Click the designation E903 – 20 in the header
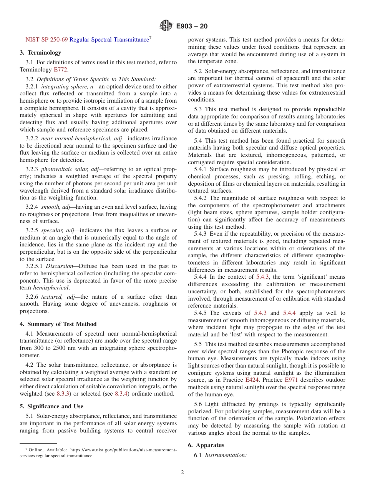click(x=192, y=26)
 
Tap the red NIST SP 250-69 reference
click(x=46, y=40)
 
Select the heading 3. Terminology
click(x=40, y=53)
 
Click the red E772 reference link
click(x=60, y=70)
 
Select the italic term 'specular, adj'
click(x=57, y=230)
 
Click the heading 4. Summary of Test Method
click(x=58, y=324)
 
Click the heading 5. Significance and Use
click(x=51, y=406)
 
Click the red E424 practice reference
click(x=252, y=380)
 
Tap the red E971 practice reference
click(x=291, y=380)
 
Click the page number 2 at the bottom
click(x=182, y=472)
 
